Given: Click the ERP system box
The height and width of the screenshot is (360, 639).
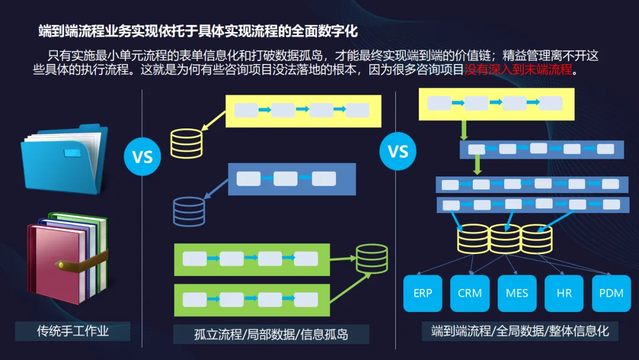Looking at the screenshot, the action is coord(422,293).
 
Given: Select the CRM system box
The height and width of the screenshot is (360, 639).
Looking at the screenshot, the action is coord(469,293).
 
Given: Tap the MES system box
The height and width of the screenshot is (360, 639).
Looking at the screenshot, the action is coord(517,293).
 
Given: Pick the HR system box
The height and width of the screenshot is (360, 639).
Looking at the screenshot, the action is coord(564,293).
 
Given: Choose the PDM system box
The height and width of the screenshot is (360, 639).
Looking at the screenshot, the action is coord(611,293).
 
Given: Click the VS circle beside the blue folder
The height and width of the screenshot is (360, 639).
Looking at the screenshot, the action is coord(142,156).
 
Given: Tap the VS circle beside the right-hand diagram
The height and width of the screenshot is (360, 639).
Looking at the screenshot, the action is coord(398,151).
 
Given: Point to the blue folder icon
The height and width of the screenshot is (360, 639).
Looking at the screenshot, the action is coord(64,159).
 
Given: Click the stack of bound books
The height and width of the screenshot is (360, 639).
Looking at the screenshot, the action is coord(67,258).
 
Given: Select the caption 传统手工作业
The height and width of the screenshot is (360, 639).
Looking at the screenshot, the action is coord(73,330).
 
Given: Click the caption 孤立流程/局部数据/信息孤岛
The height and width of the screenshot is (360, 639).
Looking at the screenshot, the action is coord(271,335).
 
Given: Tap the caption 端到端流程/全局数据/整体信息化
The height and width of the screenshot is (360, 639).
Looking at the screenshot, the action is coord(520,330).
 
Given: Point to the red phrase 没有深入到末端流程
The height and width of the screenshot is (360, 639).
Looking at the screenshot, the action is coord(518,70).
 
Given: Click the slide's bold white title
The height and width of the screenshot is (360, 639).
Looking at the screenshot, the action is coord(198,31).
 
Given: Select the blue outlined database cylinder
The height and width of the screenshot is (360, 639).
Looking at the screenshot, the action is coord(189,211).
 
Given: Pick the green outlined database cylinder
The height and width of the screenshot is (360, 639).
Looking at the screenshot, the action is coord(372,259).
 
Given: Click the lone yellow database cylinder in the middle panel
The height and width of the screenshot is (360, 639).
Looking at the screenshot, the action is coord(186,143).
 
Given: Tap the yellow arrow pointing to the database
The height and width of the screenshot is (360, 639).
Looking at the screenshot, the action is coord(214,121).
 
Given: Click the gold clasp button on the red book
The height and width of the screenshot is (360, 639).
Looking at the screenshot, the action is coord(61,265).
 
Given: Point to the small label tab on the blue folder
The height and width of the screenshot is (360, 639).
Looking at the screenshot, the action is coord(72,153).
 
